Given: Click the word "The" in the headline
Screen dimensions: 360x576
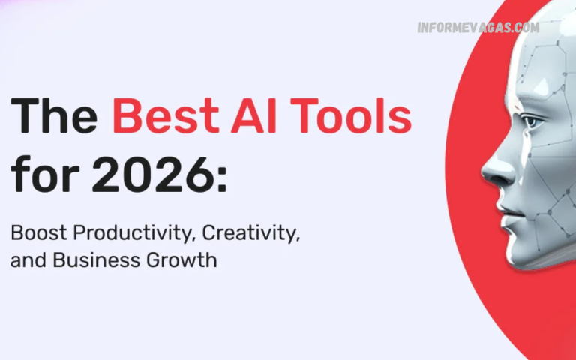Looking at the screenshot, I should (54, 119).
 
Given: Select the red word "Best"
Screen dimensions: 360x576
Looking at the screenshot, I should (163, 119).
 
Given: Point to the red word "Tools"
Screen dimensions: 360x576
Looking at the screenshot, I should (352, 119).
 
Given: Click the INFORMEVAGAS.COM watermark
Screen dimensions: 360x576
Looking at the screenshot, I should (478, 28).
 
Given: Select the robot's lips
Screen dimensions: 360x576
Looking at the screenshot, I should (504, 207).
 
